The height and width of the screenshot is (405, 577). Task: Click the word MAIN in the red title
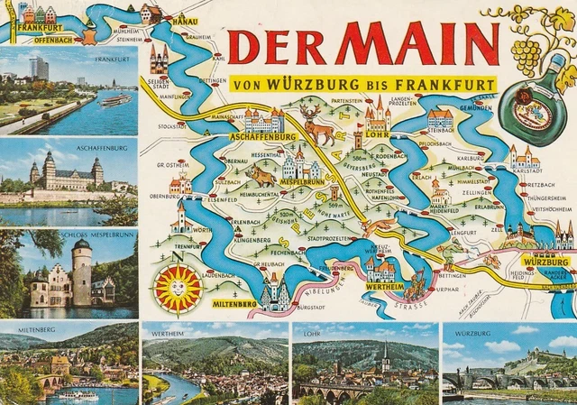tap(419, 43)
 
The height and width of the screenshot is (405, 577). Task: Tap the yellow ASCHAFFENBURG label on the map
tap(263, 137)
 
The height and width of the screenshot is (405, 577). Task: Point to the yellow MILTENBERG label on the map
tap(234, 305)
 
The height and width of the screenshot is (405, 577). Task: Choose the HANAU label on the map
tap(185, 19)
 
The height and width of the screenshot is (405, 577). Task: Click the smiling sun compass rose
tap(178, 289)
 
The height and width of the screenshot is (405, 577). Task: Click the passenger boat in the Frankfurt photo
tap(114, 100)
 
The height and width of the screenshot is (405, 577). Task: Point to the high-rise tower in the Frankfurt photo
tap(39, 68)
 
